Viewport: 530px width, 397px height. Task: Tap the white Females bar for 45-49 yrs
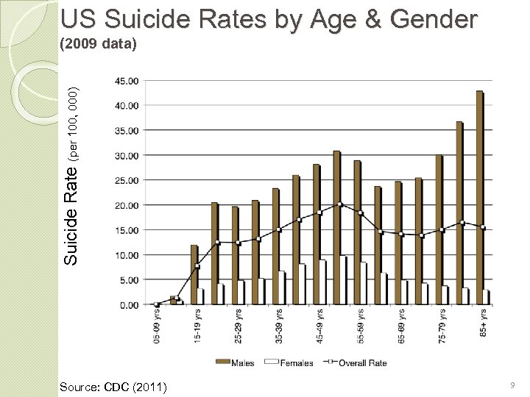tap(322, 282)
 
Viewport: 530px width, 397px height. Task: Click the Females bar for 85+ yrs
tap(486, 297)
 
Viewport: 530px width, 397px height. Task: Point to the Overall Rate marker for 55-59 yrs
tap(361, 213)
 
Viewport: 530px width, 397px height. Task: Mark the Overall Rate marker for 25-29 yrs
tap(238, 243)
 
